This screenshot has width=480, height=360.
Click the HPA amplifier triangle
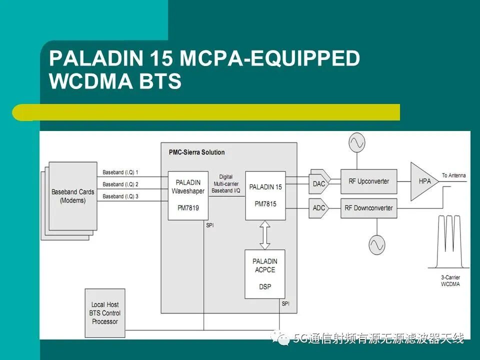point(424,181)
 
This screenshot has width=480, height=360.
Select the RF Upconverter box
point(369,181)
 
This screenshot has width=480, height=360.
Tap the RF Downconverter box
point(369,208)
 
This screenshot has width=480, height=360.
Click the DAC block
point(319,183)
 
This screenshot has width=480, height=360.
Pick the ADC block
point(319,208)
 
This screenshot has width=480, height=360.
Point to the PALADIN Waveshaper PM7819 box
point(188,195)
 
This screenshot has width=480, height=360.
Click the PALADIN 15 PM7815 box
point(265,195)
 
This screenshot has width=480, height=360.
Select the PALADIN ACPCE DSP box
point(265,274)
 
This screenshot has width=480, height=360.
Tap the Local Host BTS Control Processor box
point(105,313)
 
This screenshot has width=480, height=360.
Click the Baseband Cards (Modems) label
point(73,196)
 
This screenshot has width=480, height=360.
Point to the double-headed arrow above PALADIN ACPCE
point(265,235)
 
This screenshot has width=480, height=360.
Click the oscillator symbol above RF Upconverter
point(357,142)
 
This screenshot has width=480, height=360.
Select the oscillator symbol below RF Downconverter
point(377,244)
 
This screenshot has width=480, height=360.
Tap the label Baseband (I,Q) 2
point(120,184)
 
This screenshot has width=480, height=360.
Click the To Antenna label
point(453,175)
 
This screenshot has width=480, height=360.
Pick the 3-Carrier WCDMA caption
point(450,280)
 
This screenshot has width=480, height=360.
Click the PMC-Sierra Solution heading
point(197,152)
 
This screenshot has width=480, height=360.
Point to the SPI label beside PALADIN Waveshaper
point(210,225)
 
